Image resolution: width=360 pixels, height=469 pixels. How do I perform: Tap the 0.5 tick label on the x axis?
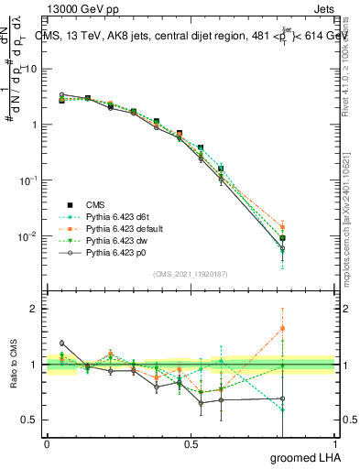[191, 444]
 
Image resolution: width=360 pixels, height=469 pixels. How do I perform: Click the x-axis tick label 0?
[47, 444]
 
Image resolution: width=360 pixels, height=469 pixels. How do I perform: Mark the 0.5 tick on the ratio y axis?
[29, 420]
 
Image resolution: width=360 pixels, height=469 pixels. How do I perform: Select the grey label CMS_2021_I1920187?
[191, 274]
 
